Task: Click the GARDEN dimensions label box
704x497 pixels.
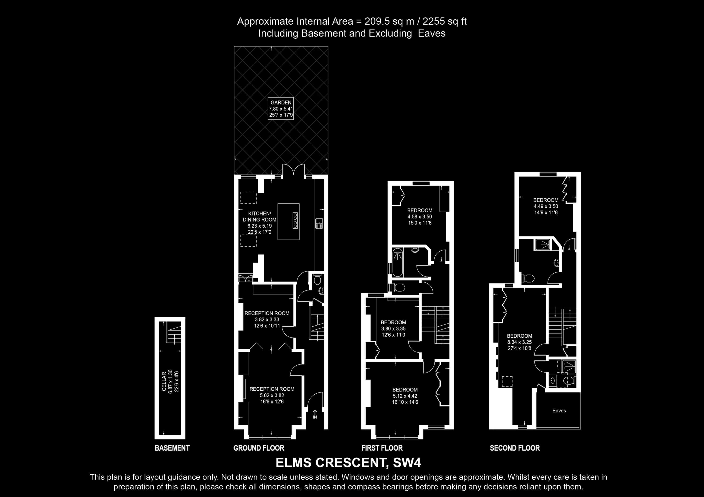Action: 281,108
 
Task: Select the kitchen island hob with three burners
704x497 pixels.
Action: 295,220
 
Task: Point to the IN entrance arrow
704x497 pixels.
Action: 315,414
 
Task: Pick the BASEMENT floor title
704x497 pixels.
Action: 172,448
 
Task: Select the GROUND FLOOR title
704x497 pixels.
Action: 259,448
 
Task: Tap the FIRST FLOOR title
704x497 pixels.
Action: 382,448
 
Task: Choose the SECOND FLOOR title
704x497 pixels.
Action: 515,448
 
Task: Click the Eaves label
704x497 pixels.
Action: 559,411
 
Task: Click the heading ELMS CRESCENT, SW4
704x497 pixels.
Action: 348,463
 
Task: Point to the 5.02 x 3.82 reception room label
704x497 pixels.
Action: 272,395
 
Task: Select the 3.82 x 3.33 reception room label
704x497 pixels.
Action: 267,319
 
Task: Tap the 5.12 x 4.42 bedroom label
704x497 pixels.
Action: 405,396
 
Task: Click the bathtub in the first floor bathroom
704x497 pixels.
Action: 398,262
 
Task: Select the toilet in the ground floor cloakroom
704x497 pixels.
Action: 317,279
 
